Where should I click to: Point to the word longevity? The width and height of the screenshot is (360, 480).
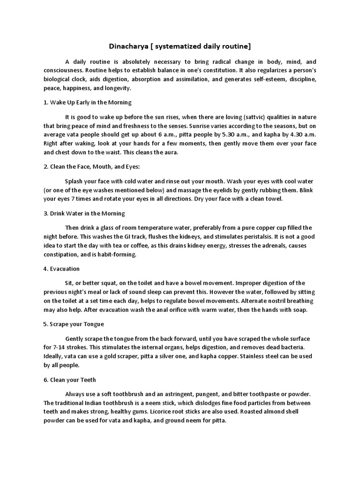tap(117, 88)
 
